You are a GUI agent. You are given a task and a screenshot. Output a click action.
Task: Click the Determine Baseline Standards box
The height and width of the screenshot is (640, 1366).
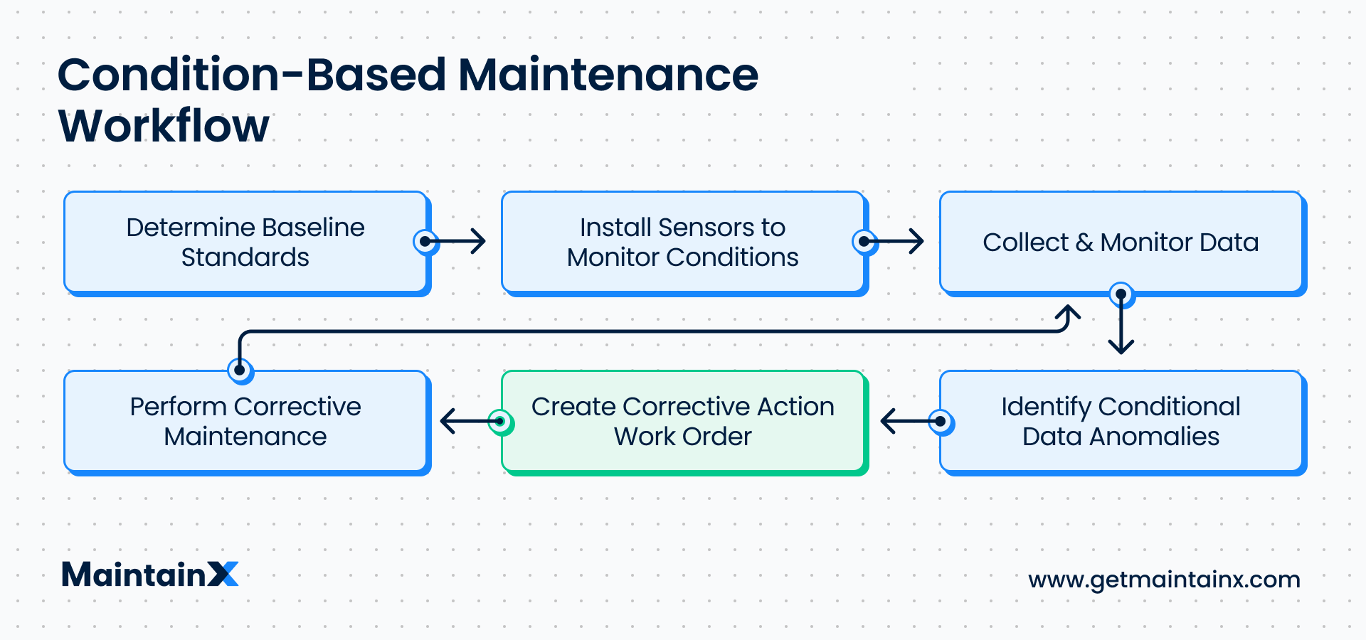245,242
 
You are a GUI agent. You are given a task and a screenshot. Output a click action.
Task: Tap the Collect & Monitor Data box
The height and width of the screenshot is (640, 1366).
1120,242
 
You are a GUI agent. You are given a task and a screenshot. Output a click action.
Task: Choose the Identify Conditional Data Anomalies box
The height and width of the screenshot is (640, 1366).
1120,421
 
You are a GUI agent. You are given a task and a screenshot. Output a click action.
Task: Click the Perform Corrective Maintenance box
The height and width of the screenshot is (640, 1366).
245,421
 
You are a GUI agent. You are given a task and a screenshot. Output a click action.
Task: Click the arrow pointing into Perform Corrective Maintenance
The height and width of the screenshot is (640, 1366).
465,422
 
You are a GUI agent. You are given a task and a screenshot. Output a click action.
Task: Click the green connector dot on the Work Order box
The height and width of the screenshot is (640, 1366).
500,422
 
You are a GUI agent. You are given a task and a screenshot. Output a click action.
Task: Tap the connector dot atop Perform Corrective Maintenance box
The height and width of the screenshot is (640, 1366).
240,370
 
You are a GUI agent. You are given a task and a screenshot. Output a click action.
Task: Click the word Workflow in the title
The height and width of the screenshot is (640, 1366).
164,126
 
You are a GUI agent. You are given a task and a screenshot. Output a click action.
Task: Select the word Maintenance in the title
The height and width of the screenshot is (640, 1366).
608,75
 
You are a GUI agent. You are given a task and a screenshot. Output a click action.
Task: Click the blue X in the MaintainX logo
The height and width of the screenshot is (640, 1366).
223,575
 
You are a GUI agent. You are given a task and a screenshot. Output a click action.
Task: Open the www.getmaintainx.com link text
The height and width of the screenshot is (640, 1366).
1164,580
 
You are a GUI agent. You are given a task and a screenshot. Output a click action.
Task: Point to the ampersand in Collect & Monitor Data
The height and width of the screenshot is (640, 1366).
1084,242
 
